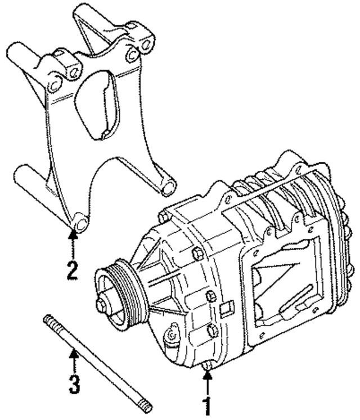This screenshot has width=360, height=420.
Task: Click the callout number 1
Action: [x=208, y=405]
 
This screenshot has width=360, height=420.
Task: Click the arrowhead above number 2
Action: [x=72, y=236]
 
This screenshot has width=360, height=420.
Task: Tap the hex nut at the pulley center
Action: [x=103, y=304]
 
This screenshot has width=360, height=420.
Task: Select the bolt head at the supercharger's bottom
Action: [x=208, y=366]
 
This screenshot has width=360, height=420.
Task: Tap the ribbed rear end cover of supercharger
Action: [x=337, y=236]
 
